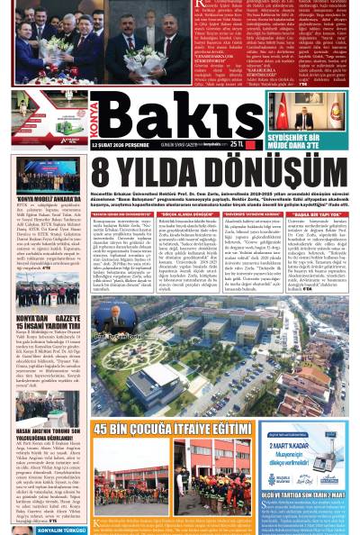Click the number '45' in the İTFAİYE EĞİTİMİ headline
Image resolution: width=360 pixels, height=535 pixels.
pyautogui.click(x=106, y=429)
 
